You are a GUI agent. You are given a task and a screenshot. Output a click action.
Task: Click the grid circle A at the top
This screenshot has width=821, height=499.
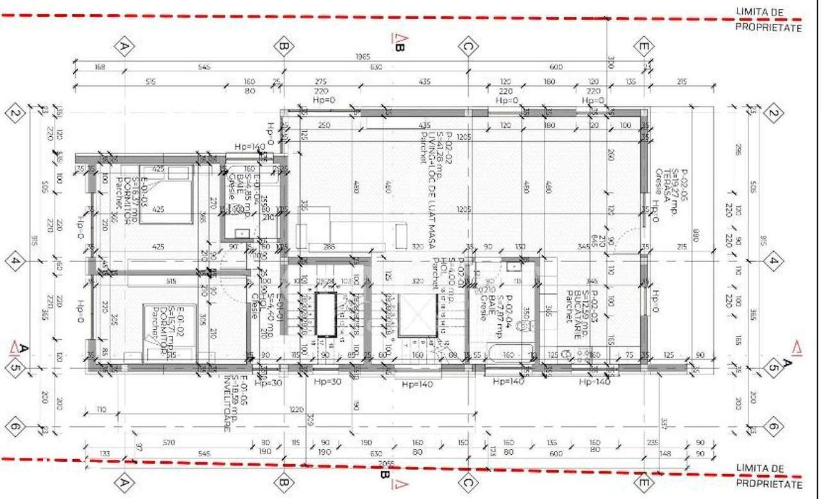tap(125, 46)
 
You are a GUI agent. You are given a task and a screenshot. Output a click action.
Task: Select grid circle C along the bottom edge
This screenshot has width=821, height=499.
tap(468, 482)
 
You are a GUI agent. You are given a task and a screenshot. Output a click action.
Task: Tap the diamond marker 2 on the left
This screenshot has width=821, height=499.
tap(14, 115)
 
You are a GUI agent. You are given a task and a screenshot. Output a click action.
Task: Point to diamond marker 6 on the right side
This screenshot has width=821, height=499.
tap(774, 426)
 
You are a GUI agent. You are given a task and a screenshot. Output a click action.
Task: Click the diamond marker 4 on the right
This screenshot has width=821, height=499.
tap(774, 261)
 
